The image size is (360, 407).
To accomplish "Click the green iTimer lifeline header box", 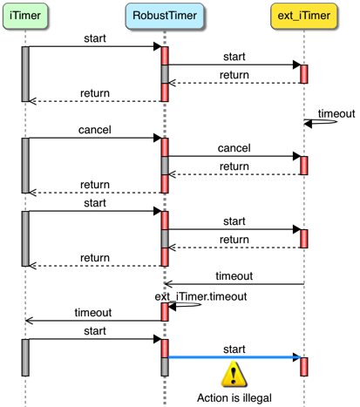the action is (25, 16).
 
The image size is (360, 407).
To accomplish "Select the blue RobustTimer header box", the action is (165, 16).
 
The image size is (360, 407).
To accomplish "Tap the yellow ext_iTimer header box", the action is (304, 16).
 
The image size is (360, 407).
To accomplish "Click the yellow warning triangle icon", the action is (234, 374).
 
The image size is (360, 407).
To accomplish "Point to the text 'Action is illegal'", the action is (234, 397).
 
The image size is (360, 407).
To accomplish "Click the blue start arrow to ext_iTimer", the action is (234, 357).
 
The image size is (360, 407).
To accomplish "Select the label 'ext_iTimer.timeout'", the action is (200, 296).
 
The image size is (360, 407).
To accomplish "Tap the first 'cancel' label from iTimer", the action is (95, 130).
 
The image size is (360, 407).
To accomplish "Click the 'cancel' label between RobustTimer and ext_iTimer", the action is (234, 148).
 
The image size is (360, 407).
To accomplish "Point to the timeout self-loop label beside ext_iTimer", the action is (336, 113).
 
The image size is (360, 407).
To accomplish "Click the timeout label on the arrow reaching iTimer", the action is (93, 313).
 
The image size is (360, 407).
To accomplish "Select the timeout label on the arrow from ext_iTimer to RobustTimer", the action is (234, 276).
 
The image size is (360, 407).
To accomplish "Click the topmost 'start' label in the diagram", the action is (95, 38).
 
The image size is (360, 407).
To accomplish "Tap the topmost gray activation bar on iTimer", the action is (25, 74).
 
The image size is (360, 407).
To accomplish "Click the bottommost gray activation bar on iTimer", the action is (25, 357).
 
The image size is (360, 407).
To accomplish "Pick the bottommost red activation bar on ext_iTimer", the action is (304, 367).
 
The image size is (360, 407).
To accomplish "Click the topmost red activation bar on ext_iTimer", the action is (304, 74).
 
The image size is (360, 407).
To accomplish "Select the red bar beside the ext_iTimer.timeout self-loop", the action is (165, 312).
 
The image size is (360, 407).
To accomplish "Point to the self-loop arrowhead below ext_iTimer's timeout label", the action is (308, 124).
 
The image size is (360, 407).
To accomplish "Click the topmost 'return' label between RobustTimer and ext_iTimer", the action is (234, 75).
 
